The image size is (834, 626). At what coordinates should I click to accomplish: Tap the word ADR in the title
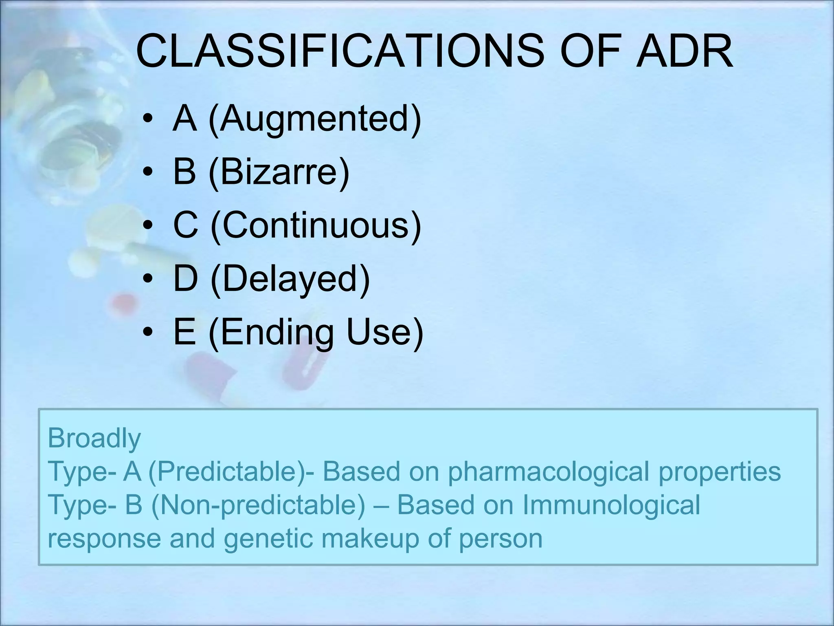point(684,52)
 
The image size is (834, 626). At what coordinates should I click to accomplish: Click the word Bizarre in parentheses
point(279,172)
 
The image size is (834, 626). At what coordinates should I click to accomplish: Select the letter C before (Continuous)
point(185,225)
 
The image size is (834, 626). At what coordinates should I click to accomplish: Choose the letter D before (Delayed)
point(186,278)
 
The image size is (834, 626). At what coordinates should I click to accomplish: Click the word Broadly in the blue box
point(94,438)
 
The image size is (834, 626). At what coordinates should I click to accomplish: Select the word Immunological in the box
point(611,505)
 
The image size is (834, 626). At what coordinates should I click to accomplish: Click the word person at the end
point(500,538)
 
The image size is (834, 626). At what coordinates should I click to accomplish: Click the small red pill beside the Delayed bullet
point(123,302)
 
